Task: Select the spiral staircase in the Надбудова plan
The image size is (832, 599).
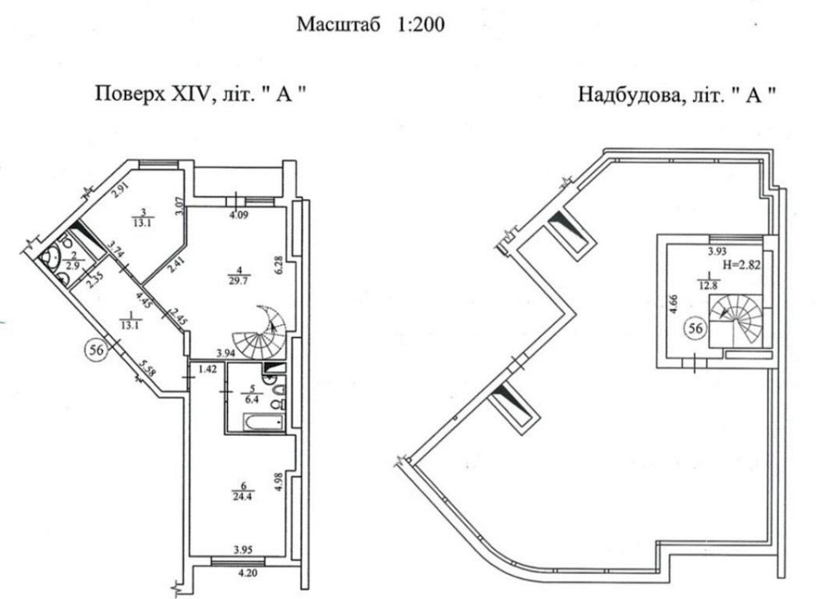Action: point(736,319)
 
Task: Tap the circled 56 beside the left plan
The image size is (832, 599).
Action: point(97,350)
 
